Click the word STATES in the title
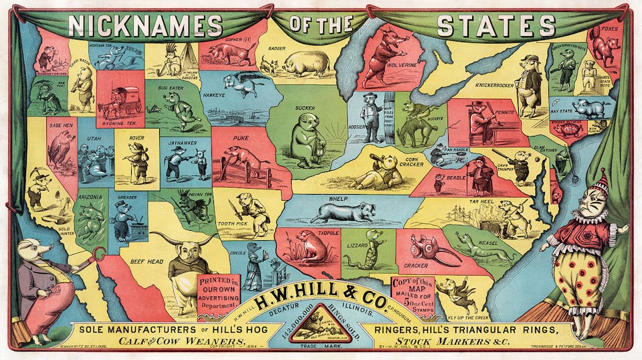pyautogui.click(x=496, y=25)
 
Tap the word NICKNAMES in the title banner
pyautogui.click(x=146, y=25)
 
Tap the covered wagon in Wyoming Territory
pyautogui.click(x=123, y=101)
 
